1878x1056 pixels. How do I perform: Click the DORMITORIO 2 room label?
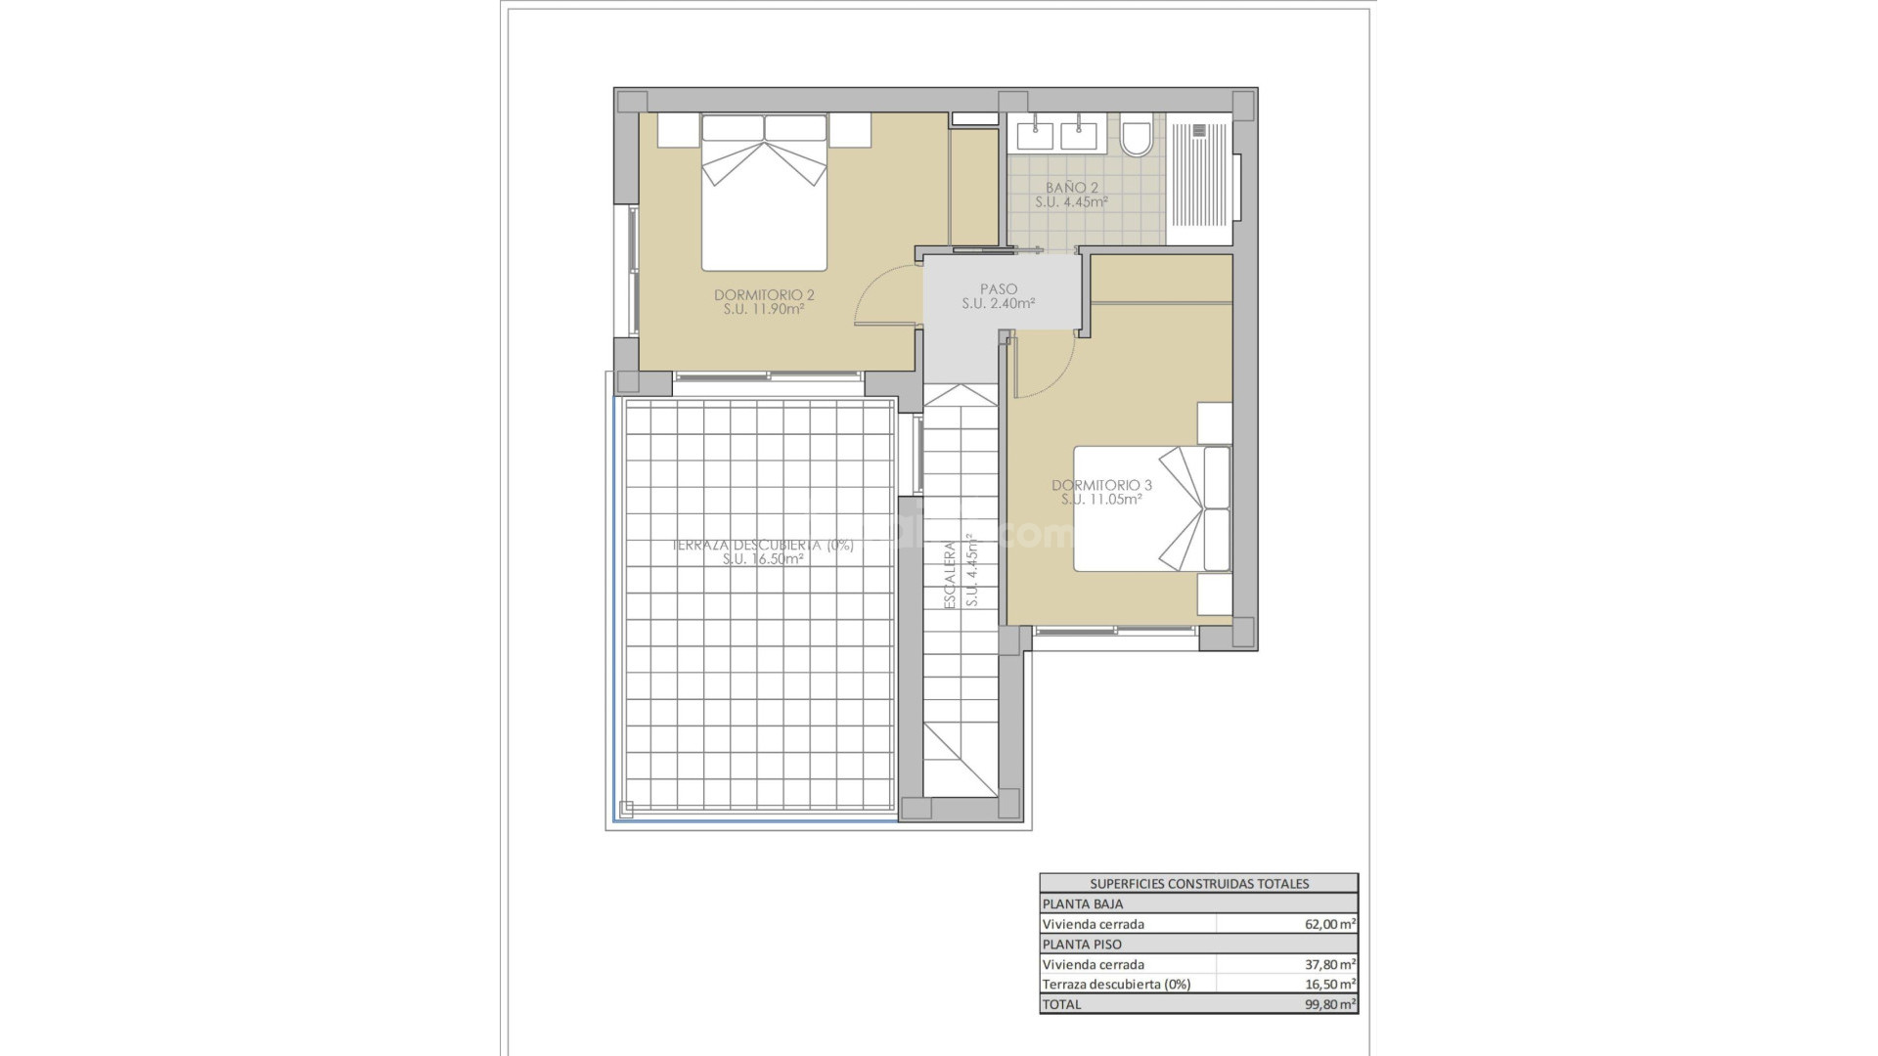(x=764, y=295)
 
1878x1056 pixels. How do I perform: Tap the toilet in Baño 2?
(x=1137, y=138)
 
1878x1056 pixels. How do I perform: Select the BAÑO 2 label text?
(x=1072, y=188)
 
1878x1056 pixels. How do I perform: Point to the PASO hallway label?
(x=999, y=289)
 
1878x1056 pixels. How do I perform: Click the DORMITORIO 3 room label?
(x=1101, y=485)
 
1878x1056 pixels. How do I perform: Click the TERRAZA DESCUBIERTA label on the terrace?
(x=763, y=546)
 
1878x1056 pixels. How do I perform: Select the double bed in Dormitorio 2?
(x=764, y=194)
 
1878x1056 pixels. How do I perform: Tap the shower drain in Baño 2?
(x=1201, y=129)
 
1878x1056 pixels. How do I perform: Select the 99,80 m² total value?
(x=1329, y=1004)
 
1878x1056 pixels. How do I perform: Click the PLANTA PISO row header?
(x=1082, y=945)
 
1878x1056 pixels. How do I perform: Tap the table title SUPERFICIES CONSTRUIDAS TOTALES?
(x=1198, y=883)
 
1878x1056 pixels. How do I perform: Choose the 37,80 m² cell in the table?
(x=1329, y=964)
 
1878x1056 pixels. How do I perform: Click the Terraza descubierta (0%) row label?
(x=1116, y=985)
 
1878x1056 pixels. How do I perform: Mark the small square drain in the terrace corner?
(x=626, y=809)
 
